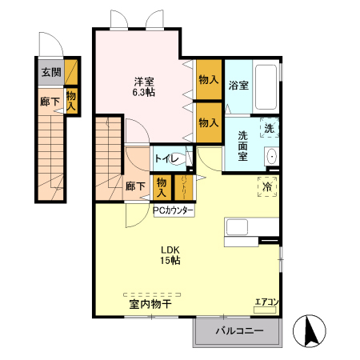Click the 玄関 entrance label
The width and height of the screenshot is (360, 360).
coord(50,72)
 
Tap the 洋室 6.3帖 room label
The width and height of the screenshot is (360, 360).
coord(144,86)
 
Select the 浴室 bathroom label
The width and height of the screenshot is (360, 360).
coord(238,86)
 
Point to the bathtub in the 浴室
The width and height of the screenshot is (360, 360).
coord(266,87)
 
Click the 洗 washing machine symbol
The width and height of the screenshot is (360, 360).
coord(270,129)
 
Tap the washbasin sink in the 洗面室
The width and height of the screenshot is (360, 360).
coord(271,156)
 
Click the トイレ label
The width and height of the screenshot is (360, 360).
coord(166,158)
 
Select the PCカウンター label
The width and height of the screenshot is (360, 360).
coord(174,211)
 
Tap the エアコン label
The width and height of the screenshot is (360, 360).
coord(266,302)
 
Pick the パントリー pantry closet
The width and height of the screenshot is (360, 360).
coord(183,188)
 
